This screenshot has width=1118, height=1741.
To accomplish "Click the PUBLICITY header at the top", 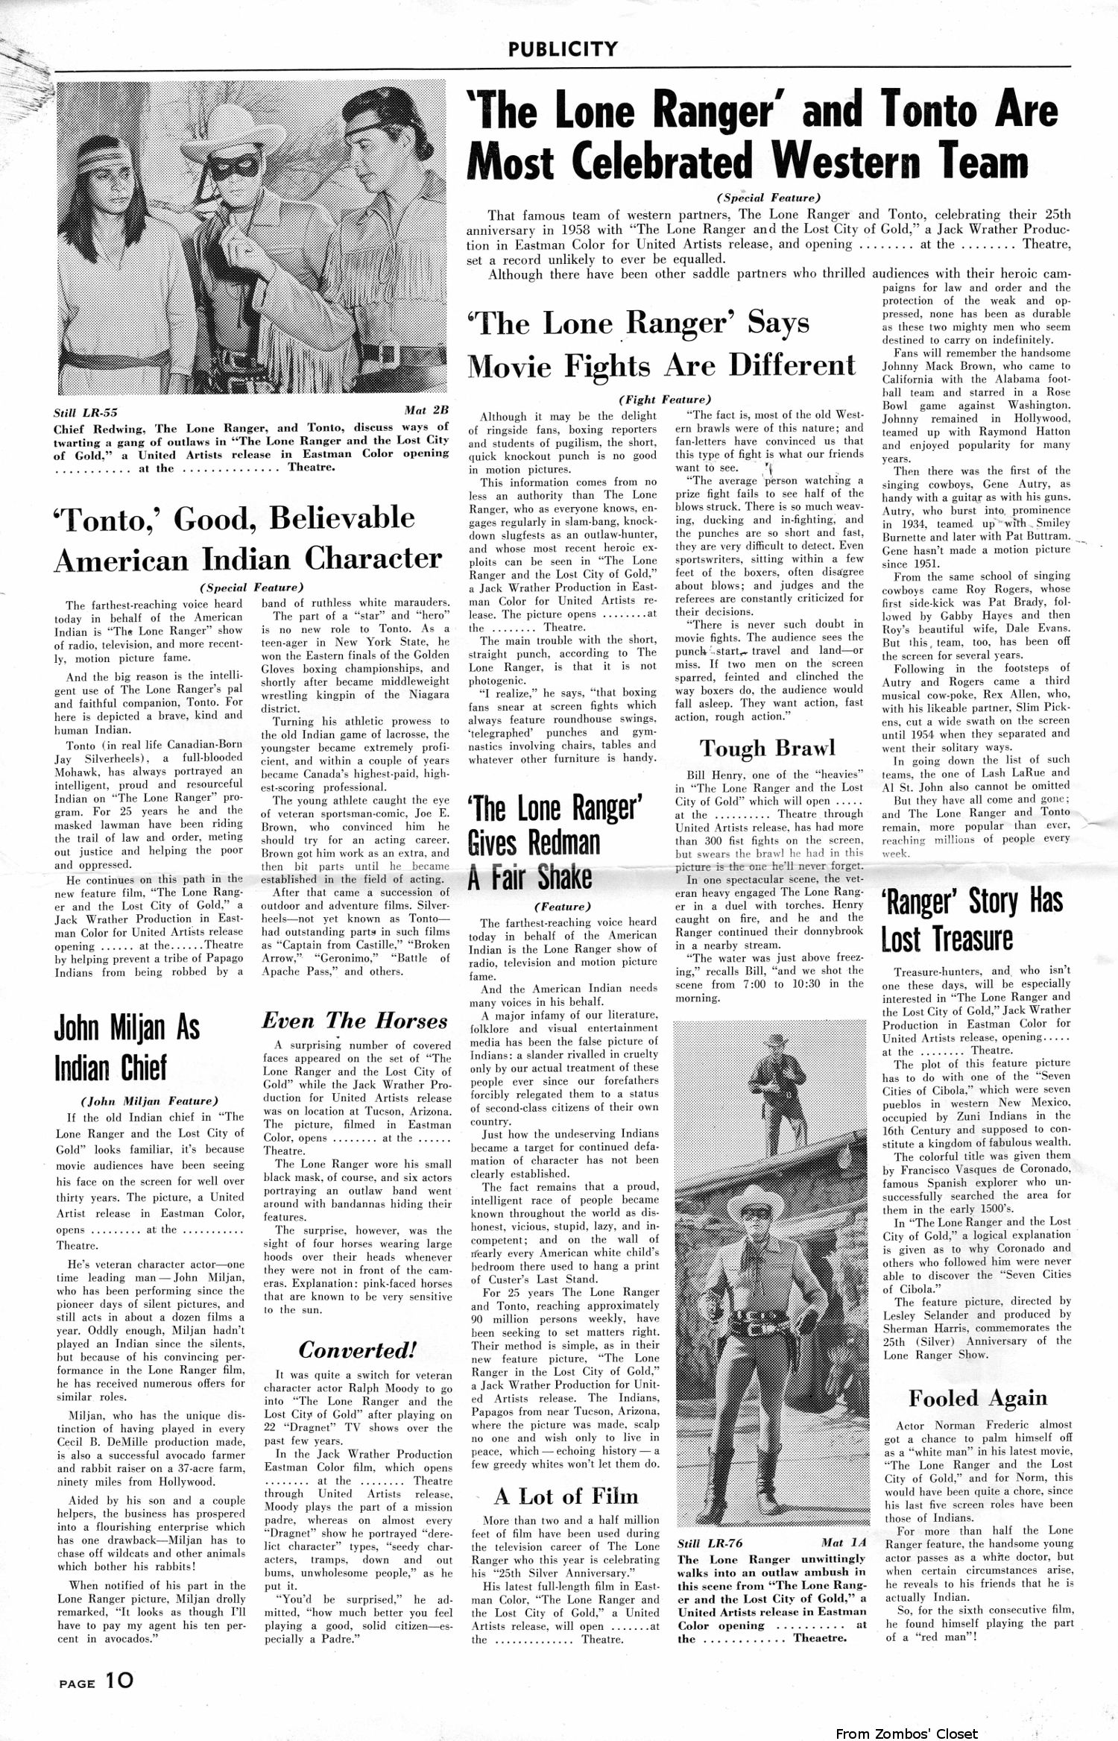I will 563,49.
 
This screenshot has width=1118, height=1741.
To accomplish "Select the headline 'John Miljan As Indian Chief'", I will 127,1048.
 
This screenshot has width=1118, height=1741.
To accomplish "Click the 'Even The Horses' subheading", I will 354,1021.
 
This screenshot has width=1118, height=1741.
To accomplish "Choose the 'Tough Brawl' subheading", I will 767,748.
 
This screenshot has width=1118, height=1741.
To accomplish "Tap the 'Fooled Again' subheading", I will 978,1398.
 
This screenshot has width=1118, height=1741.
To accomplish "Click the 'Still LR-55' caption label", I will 86,412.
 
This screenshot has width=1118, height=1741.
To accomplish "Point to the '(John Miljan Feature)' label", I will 149,1100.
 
